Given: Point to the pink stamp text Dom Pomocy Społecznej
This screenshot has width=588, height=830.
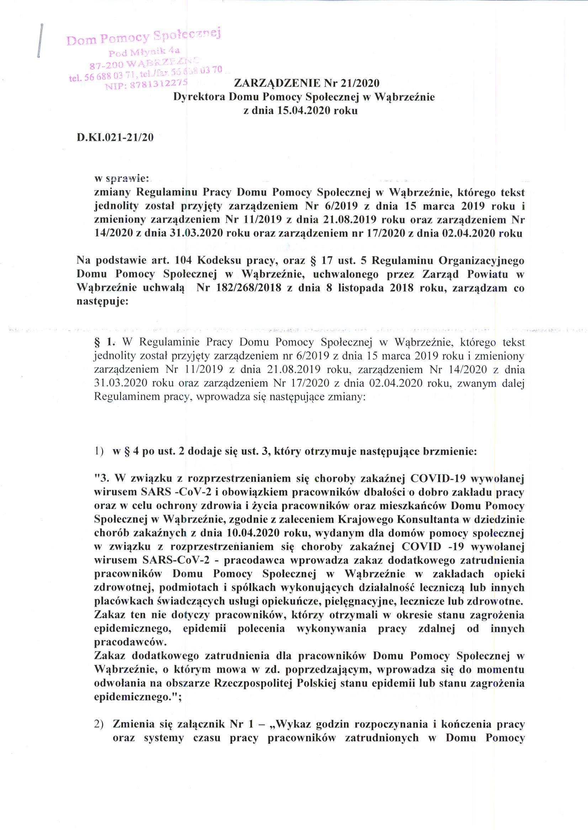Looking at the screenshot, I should point(144,37).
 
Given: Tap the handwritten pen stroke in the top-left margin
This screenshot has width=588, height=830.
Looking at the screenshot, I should point(40,41).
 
